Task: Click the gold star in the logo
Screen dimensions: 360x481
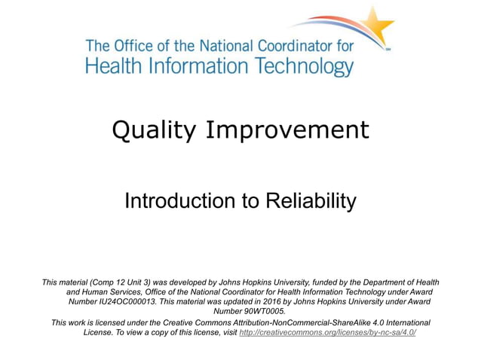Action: pos(376,26)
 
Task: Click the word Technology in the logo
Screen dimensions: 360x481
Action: pos(295,66)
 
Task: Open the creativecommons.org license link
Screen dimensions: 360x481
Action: pos(327,332)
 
